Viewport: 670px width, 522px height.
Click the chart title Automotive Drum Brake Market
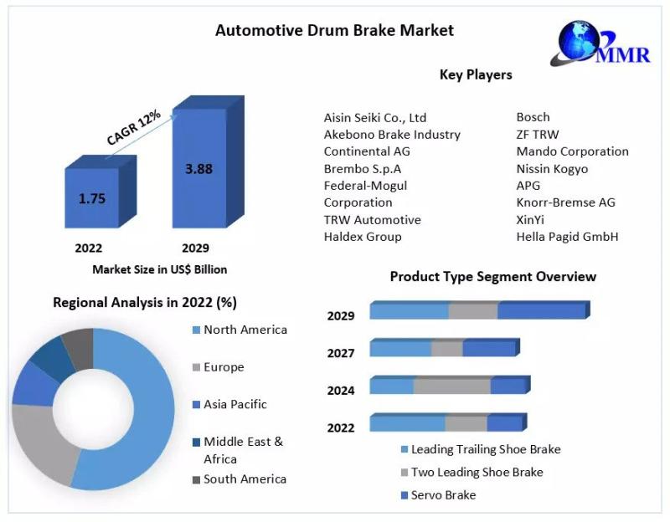(x=334, y=30)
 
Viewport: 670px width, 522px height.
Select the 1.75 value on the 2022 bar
(x=92, y=199)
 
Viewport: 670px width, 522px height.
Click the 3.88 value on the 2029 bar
(x=198, y=168)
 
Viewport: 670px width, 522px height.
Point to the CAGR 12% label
(x=134, y=127)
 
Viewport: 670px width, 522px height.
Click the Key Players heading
(x=476, y=74)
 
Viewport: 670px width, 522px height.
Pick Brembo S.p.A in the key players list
(x=362, y=168)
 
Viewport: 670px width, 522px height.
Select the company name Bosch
(x=533, y=117)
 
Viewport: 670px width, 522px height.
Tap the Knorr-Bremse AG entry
(x=566, y=202)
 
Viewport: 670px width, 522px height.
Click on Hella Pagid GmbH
(x=567, y=237)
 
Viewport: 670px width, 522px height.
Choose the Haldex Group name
(x=363, y=237)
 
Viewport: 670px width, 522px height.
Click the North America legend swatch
(x=196, y=330)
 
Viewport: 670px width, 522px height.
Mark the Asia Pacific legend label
(x=235, y=404)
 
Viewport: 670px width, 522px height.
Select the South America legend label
(x=245, y=479)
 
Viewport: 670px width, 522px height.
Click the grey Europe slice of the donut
(x=42, y=443)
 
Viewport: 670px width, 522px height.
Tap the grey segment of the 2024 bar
(x=451, y=386)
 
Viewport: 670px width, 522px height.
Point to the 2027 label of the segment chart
(x=341, y=353)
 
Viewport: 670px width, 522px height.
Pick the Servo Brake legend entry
(x=443, y=495)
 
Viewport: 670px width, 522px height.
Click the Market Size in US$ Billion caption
(x=159, y=269)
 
